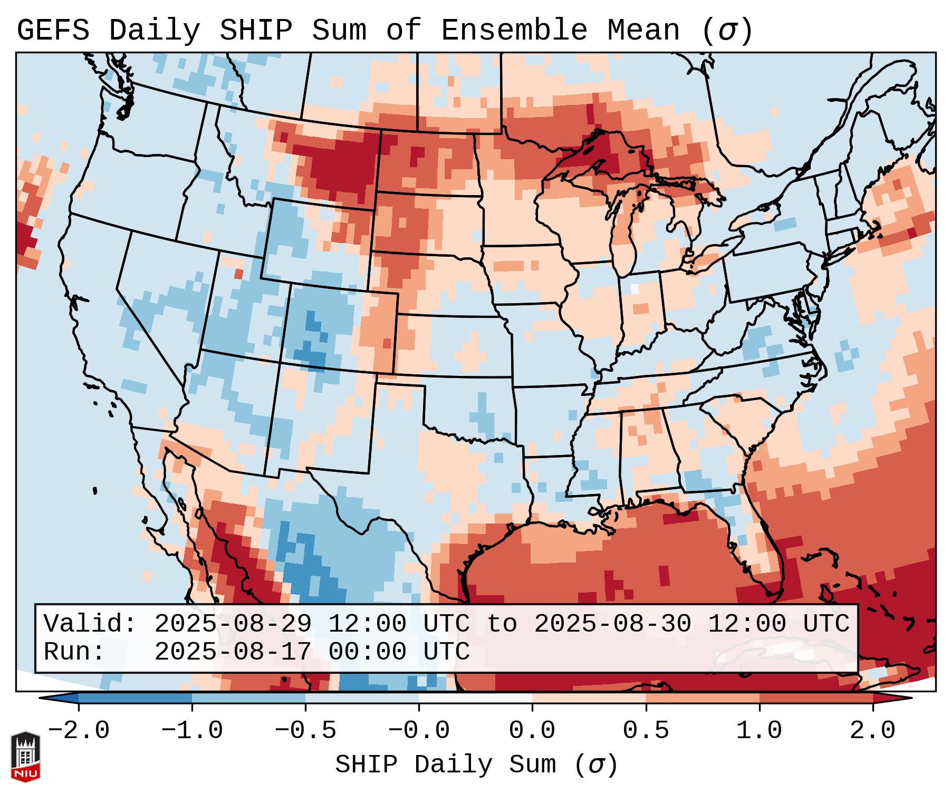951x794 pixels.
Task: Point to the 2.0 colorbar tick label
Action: click(x=872, y=731)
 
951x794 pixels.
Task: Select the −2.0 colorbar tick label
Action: click(x=79, y=731)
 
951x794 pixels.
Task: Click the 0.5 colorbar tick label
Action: click(x=646, y=731)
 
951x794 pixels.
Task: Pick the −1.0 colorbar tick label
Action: click(x=192, y=731)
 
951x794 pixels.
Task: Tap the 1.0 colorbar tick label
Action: click(x=759, y=731)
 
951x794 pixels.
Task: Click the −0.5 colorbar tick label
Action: click(x=305, y=731)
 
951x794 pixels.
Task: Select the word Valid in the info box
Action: click(x=89, y=624)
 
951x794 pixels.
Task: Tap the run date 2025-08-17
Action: click(x=233, y=652)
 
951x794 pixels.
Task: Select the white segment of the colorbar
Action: click(x=475, y=698)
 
